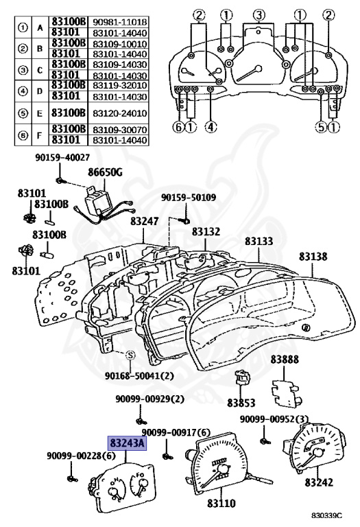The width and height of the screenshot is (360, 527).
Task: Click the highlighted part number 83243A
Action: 127,444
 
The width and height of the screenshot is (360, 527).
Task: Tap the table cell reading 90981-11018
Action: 119,22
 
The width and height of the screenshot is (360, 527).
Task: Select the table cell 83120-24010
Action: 119,113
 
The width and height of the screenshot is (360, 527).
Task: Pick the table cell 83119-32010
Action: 119,85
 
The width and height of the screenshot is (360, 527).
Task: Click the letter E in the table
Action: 40,113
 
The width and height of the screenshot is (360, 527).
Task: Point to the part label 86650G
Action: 105,173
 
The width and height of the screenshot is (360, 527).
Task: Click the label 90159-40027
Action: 62,157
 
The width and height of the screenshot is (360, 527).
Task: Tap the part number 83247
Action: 145,221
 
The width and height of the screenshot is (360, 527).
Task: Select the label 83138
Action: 313,257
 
